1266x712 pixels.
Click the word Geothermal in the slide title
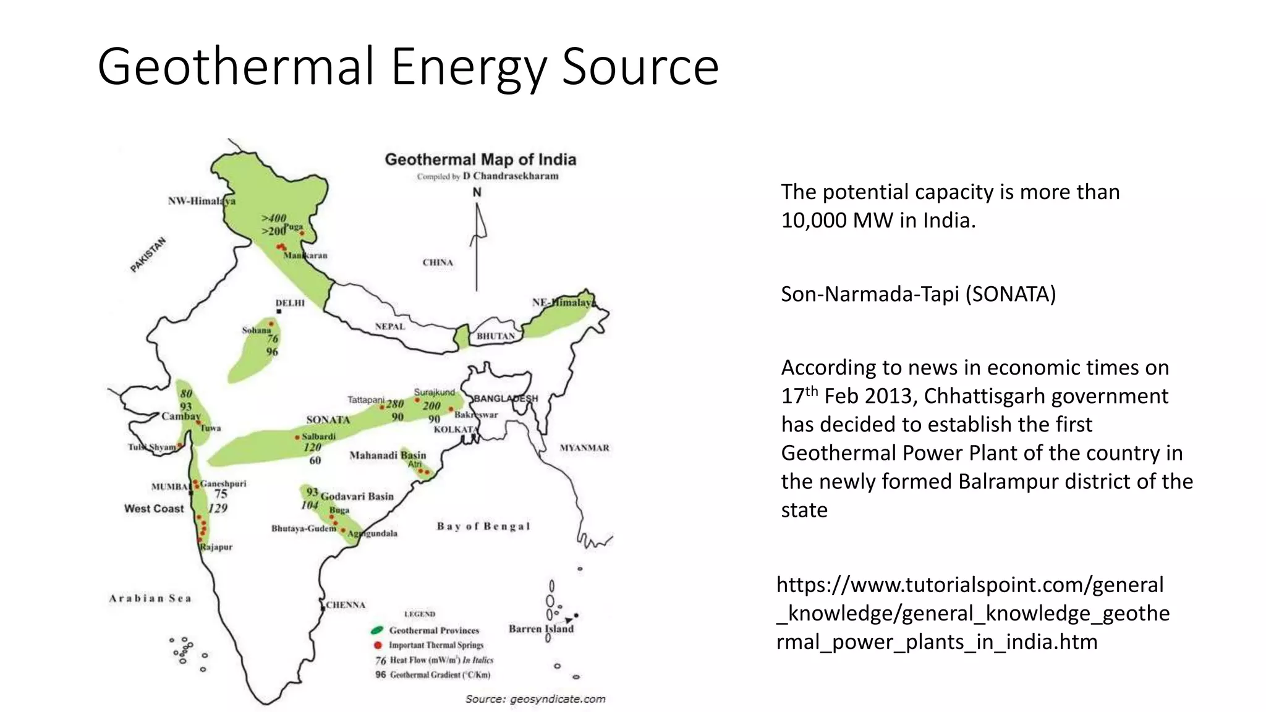(236, 66)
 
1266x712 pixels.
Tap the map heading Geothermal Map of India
(480, 159)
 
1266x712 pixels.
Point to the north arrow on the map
(477, 241)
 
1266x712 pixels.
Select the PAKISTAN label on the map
(148, 255)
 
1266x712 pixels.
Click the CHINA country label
(438, 263)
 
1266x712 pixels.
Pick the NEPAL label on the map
(389, 326)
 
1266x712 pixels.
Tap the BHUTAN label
(495, 336)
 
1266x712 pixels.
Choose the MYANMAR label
(584, 448)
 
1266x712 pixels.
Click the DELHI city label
(290, 303)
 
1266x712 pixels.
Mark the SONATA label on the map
(328, 420)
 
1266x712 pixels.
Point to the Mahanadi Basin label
(388, 456)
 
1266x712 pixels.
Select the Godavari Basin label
(357, 496)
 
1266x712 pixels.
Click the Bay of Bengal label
(483, 527)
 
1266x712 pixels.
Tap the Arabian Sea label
(150, 598)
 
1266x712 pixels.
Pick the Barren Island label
(541, 629)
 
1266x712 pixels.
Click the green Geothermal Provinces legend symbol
(377, 630)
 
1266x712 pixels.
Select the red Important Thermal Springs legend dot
(378, 645)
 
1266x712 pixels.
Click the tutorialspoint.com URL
(972, 613)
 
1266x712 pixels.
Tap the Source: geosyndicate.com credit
(535, 699)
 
